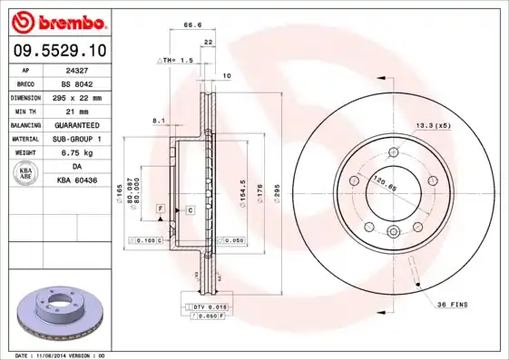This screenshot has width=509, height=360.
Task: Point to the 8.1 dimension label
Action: pos(158,120)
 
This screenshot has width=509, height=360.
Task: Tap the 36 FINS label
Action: pos(452,304)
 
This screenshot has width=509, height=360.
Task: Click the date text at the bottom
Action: pos(61,355)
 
